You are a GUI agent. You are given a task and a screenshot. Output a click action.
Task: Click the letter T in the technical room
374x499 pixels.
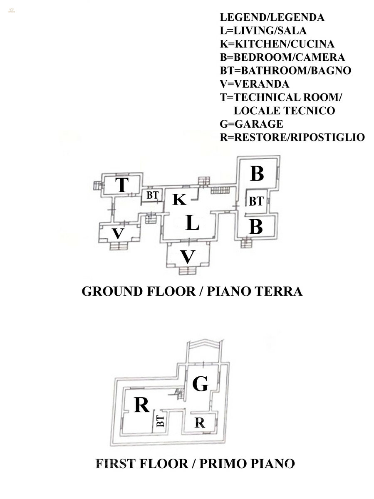click(x=121, y=185)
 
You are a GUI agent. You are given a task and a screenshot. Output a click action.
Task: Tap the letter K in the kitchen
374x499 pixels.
click(x=179, y=200)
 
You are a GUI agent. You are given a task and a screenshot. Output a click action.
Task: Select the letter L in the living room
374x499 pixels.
click(x=192, y=223)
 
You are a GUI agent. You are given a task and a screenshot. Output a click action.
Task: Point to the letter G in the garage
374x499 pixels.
click(x=200, y=384)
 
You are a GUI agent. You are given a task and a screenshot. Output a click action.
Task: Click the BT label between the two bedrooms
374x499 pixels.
click(x=256, y=202)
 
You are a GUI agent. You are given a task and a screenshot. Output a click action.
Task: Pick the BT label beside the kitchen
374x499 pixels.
click(x=152, y=195)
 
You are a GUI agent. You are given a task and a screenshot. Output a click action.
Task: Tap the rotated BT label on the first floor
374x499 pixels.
click(x=160, y=421)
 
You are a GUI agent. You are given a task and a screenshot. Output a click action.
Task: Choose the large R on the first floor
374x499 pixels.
click(x=141, y=405)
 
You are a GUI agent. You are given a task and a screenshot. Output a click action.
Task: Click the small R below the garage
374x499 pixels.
click(x=200, y=423)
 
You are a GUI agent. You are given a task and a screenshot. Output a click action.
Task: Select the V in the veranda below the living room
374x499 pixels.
click(x=188, y=257)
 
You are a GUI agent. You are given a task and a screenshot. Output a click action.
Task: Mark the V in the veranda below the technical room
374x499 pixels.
click(x=118, y=233)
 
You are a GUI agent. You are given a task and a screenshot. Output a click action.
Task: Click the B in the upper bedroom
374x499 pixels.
click(x=257, y=173)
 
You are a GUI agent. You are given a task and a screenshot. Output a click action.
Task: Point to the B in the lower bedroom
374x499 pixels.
click(x=256, y=227)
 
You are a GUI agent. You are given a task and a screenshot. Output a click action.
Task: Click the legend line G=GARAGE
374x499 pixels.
click(x=251, y=124)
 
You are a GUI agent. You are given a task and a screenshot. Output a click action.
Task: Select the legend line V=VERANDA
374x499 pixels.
click(x=254, y=84)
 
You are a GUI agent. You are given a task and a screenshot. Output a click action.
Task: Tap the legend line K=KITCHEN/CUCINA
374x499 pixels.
click(x=277, y=44)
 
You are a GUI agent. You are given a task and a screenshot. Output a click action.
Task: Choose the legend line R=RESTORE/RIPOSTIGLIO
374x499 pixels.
click(x=292, y=137)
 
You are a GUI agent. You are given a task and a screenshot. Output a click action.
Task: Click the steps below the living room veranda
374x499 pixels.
click(x=187, y=271)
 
